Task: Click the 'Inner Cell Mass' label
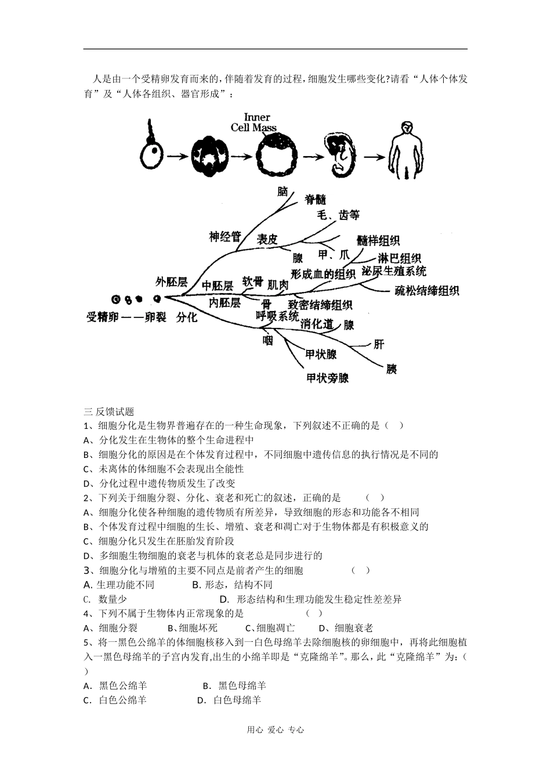tap(253, 122)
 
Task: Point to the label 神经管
tap(224, 236)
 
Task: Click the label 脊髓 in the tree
tap(316, 200)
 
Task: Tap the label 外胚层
tap(171, 282)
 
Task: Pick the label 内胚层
tap(224, 302)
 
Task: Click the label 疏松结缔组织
tap(427, 291)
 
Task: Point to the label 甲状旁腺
tap(328, 378)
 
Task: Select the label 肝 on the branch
tap(378, 344)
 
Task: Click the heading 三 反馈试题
tap(109, 411)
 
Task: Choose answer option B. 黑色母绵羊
tap(234, 685)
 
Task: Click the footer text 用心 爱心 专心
tap(275, 730)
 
